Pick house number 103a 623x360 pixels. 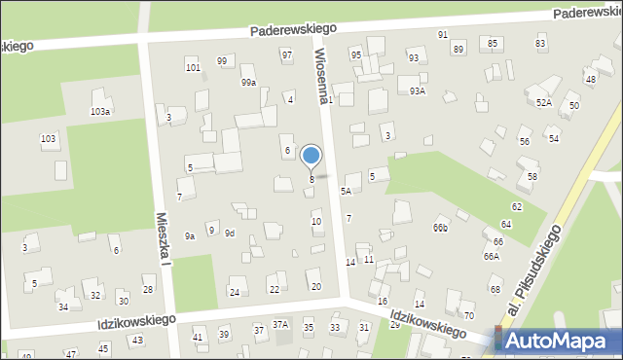(100, 112)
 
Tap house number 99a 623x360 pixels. (248, 83)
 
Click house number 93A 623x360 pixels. (418, 90)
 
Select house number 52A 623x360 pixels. (543, 102)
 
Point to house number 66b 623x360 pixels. (441, 229)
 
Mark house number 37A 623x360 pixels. (280, 324)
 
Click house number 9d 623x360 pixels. (230, 234)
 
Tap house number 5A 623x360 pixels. (346, 192)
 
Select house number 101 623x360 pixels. (194, 68)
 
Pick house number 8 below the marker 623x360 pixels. (311, 179)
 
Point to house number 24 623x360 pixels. (234, 292)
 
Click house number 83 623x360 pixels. (540, 44)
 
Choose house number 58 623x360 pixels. (532, 176)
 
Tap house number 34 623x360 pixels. (63, 306)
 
